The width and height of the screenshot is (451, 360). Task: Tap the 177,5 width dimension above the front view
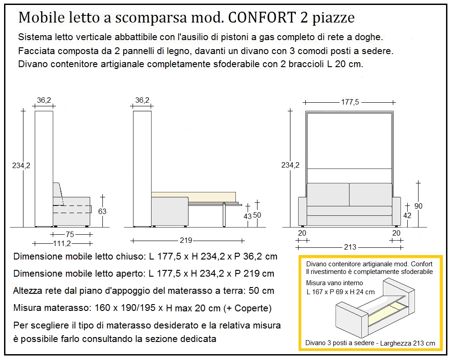click(x=350, y=102)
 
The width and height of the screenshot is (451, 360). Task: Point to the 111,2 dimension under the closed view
click(x=62, y=244)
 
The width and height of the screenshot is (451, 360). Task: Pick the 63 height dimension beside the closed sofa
click(x=102, y=211)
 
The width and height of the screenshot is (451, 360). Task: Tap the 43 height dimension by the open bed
click(x=247, y=216)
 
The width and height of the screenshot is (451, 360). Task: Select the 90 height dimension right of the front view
click(x=419, y=206)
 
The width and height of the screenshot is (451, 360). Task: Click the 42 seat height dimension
click(x=407, y=216)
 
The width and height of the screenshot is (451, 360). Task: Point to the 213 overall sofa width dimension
click(x=350, y=247)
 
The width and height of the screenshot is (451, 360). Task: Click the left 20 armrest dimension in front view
click(x=302, y=233)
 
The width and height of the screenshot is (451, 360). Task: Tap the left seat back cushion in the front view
click(x=328, y=194)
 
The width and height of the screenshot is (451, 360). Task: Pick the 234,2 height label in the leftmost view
click(x=20, y=165)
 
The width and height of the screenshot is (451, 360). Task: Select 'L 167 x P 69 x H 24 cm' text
click(x=341, y=292)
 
